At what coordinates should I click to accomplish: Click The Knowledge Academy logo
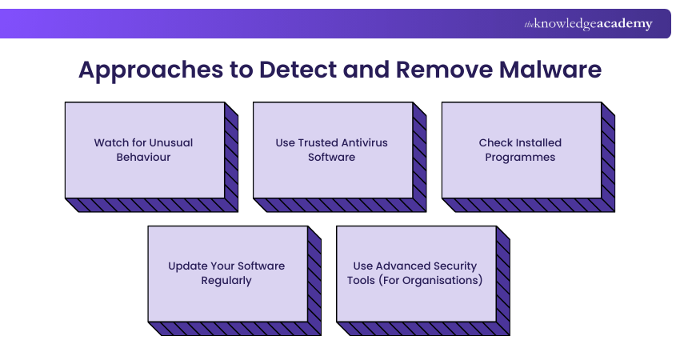point(588,24)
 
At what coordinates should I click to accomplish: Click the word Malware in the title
point(550,70)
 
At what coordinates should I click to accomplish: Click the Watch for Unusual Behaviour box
point(144,150)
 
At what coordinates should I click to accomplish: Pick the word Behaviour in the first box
point(144,158)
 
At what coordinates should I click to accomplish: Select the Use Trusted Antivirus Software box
point(332,150)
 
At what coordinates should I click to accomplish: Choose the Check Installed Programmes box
point(521,150)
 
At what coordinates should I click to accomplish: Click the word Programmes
point(521,158)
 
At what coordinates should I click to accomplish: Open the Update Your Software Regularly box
point(227,274)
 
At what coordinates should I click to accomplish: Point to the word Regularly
point(226,281)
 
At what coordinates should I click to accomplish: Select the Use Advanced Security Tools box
point(415,274)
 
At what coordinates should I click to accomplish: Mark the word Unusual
point(170,142)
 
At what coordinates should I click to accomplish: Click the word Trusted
point(318,142)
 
